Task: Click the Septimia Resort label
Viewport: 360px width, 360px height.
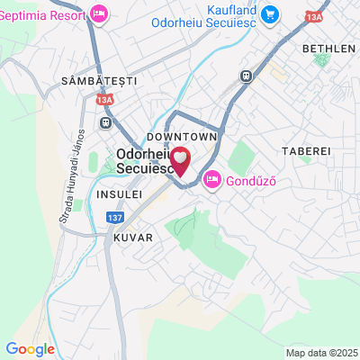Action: (x=43, y=15)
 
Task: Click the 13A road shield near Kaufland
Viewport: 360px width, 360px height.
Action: (x=313, y=17)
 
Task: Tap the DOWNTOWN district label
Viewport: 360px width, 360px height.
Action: (x=183, y=135)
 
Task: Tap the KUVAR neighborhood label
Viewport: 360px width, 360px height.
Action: (x=133, y=238)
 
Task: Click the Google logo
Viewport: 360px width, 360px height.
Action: (x=30, y=349)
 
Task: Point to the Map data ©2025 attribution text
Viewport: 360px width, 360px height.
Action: (x=321, y=352)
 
